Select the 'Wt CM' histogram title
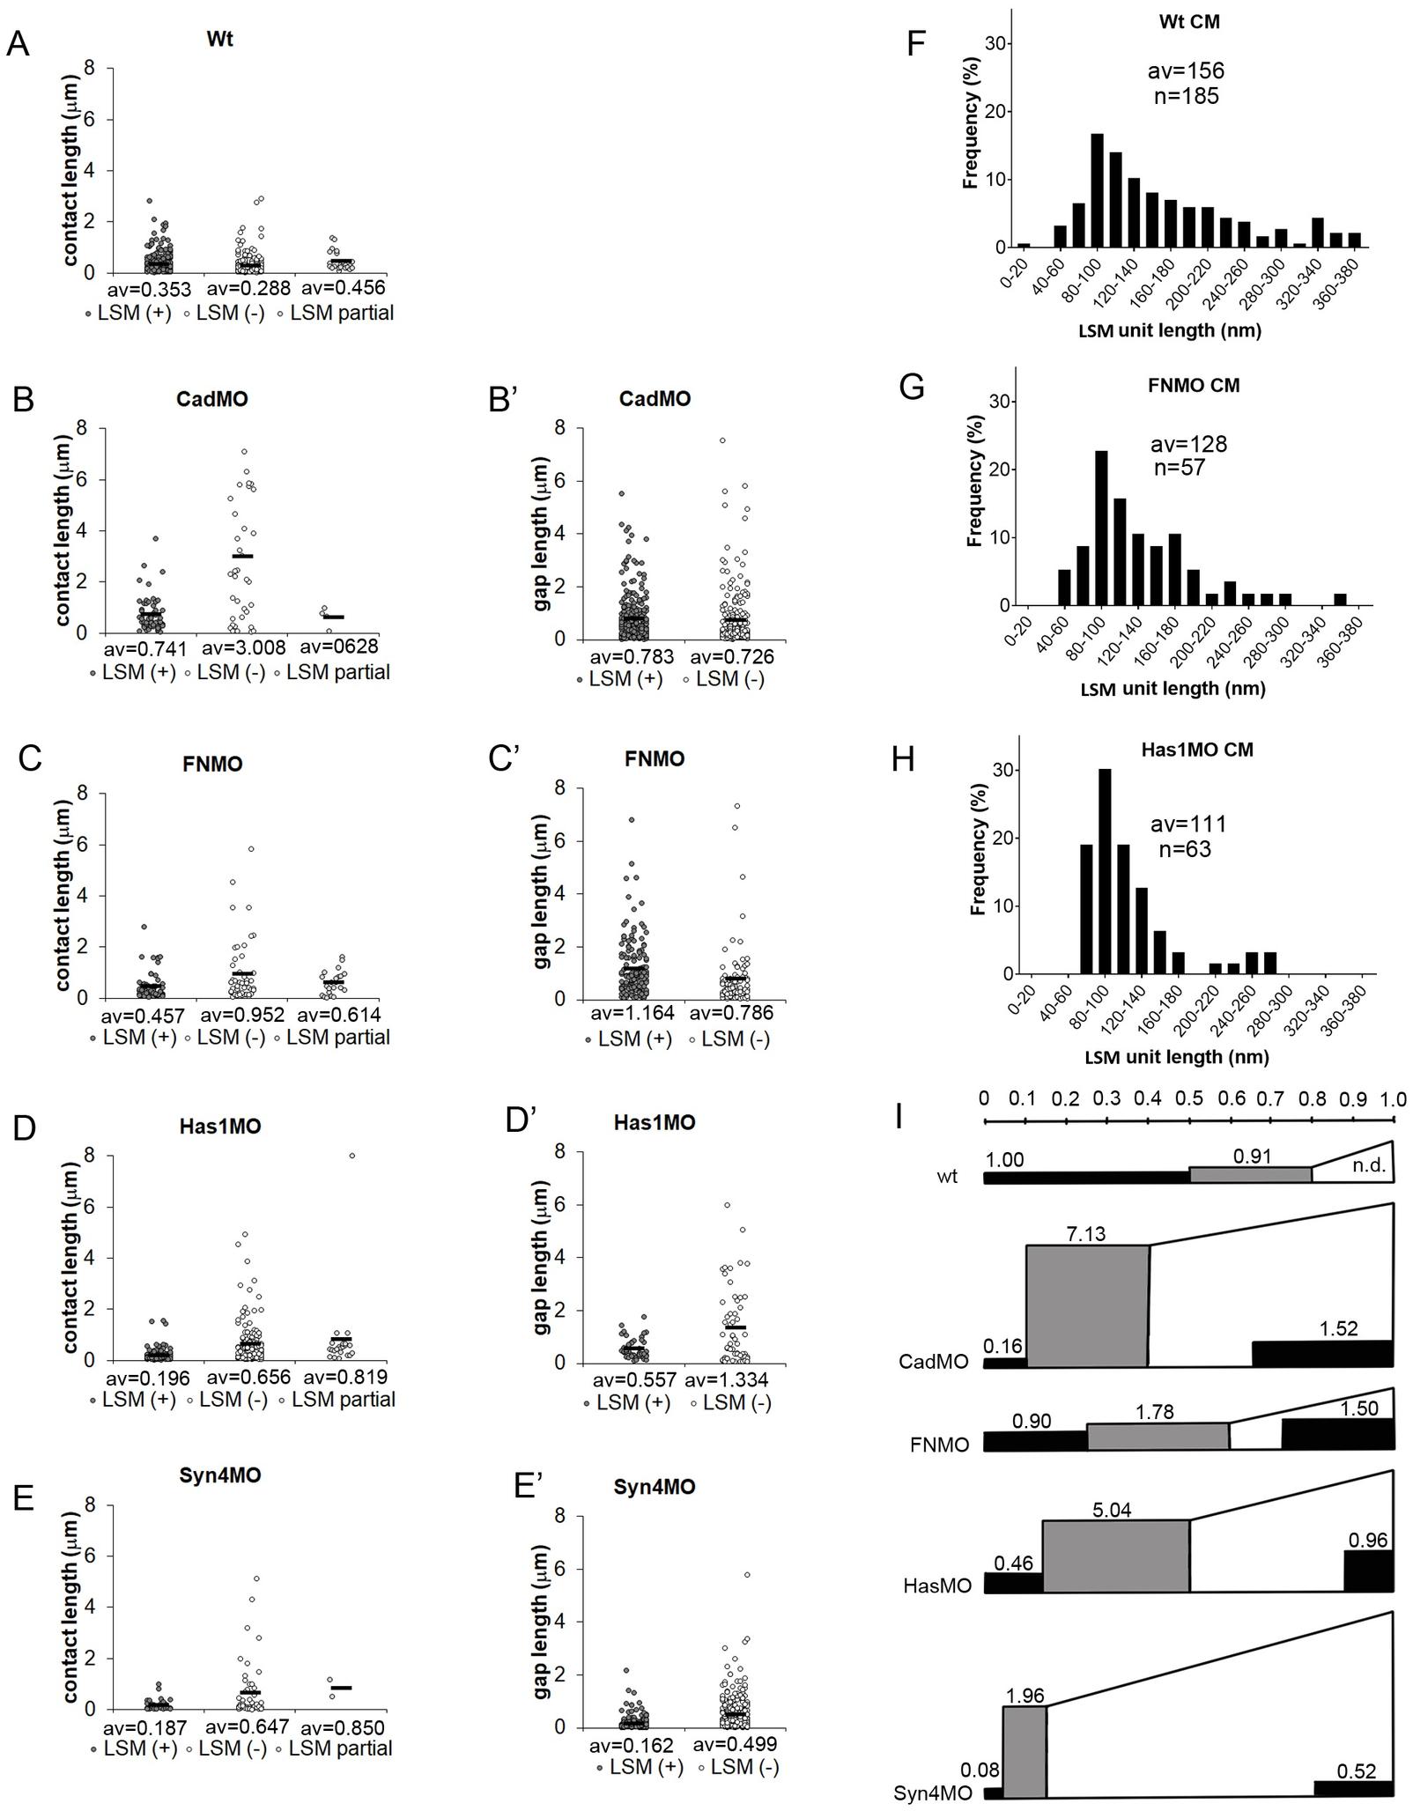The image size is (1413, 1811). click(1188, 21)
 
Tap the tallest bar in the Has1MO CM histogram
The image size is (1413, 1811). click(1105, 871)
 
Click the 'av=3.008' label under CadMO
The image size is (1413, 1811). click(244, 648)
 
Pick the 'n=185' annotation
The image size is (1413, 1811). click(1187, 96)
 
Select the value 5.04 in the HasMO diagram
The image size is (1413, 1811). click(1112, 1510)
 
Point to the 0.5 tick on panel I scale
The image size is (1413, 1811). click(1189, 1121)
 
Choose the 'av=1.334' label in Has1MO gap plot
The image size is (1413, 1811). click(728, 1379)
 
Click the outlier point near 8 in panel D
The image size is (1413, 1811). click(352, 1156)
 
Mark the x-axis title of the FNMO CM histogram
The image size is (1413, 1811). click(1173, 688)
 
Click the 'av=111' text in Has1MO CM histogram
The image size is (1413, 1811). click(1188, 824)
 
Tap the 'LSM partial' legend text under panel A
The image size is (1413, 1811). click(342, 313)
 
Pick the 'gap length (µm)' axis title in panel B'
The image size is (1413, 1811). click(542, 534)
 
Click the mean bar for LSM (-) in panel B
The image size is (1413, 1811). click(242, 556)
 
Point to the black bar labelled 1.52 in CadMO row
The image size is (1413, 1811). click(1322, 1354)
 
